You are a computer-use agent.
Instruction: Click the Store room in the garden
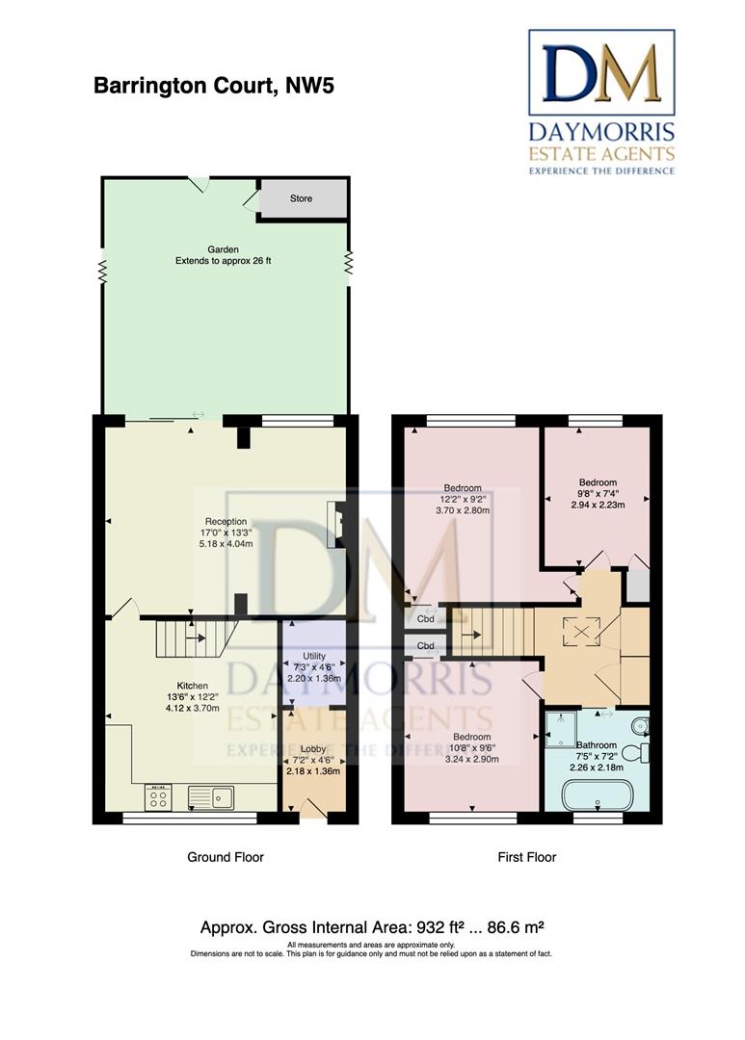(x=303, y=198)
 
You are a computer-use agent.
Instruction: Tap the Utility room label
(x=314, y=656)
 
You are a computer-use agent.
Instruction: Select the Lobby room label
(x=313, y=749)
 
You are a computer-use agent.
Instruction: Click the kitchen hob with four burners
(x=158, y=797)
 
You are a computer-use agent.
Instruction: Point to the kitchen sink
(x=210, y=797)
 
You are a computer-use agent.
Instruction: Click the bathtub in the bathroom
(x=597, y=794)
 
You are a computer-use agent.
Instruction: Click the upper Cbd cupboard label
(x=426, y=619)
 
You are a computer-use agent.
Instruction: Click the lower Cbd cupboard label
(x=426, y=645)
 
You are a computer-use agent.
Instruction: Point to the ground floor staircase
(x=193, y=637)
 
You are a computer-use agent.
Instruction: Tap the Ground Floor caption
(x=226, y=857)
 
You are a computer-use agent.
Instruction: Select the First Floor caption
(x=527, y=857)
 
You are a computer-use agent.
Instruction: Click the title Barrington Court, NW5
(x=214, y=86)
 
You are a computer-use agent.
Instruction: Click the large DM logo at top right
(x=601, y=72)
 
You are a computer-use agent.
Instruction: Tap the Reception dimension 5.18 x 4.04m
(x=226, y=544)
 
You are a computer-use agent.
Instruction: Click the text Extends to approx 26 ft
(x=223, y=261)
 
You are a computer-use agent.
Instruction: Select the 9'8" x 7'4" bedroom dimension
(x=598, y=493)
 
